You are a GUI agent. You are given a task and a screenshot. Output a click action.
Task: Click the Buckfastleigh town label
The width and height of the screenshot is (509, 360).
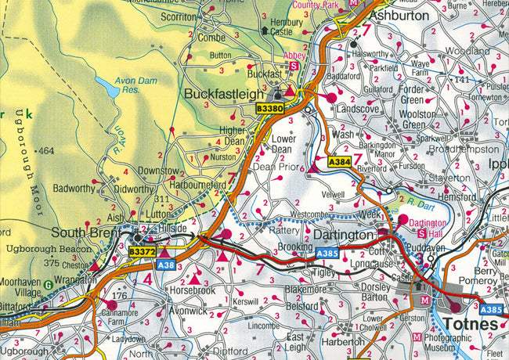tap(225, 94)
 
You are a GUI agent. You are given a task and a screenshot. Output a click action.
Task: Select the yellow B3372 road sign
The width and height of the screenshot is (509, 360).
tap(142, 251)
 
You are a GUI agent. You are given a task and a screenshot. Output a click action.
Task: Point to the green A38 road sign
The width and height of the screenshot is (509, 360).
tap(164, 265)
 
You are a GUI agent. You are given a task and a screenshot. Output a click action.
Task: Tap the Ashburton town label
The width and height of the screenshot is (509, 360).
tap(399, 15)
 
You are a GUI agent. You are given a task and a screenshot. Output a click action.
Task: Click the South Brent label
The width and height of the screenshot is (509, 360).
tap(85, 232)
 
